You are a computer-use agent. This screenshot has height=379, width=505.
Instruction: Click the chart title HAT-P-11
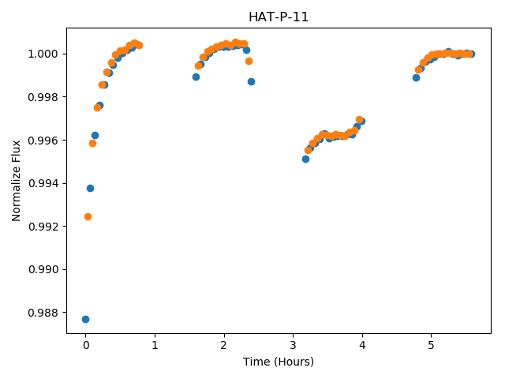279,17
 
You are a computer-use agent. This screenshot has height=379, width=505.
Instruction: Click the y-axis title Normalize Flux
16,181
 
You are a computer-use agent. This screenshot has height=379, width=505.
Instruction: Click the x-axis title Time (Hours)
279,362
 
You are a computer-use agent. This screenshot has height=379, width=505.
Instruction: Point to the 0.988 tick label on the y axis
44,313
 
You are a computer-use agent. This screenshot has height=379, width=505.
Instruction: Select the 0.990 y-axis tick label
44,269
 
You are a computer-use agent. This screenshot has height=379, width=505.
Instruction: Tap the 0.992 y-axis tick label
44,227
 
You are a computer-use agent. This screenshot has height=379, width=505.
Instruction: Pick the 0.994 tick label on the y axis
44,183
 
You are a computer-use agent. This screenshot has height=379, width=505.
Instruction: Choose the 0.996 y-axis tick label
44,141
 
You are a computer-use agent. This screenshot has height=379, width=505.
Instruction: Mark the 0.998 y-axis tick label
44,97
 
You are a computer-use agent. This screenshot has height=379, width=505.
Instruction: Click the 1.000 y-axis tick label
44,54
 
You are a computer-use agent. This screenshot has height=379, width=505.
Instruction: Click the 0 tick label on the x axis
86,346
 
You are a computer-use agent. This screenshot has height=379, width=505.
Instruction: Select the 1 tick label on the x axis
155,346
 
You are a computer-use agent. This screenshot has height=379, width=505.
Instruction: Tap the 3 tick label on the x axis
293,346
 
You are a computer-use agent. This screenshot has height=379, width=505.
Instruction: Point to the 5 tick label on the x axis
432,346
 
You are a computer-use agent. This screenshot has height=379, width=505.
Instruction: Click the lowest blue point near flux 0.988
85,319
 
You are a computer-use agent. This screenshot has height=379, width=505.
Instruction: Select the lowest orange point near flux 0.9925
88,216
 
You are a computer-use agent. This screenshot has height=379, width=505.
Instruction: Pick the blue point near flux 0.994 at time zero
90,188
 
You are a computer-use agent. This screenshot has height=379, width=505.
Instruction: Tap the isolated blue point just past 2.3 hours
251,82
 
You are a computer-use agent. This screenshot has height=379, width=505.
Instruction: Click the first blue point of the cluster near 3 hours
305,159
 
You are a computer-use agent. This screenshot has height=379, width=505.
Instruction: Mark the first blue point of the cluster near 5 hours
416,77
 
